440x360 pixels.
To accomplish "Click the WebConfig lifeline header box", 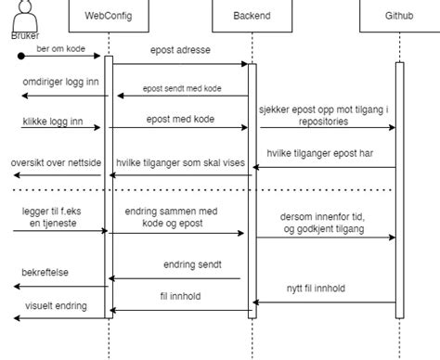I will click(x=107, y=15).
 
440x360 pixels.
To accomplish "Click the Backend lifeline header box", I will click(x=250, y=15).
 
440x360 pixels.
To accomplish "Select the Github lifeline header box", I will click(x=399, y=15).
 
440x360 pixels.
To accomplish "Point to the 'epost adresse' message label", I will click(x=178, y=46).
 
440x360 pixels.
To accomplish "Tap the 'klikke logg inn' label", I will click(x=51, y=121).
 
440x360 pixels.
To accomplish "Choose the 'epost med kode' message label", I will click(x=178, y=120).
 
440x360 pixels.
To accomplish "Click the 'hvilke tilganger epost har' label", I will click(x=319, y=155).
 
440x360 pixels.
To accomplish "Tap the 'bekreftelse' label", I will click(x=45, y=274).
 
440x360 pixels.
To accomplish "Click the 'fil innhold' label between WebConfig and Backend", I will click(x=181, y=297).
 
